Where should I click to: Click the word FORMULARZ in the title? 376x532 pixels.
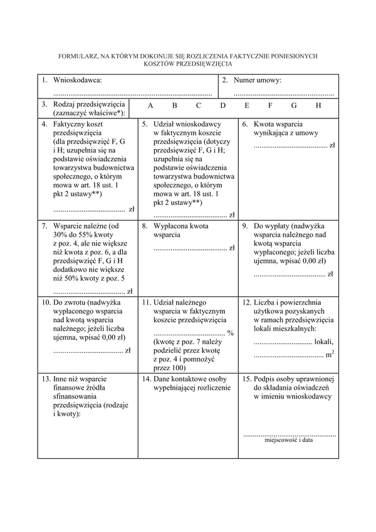coord(77,56)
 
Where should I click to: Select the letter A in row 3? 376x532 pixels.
coord(151,105)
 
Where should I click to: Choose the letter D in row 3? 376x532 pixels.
coord(222,105)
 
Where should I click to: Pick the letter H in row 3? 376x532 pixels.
coord(318,105)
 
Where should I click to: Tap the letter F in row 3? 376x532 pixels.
coord(271,105)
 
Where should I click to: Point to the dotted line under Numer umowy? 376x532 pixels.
coord(283,93)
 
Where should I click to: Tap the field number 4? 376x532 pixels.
coord(44,124)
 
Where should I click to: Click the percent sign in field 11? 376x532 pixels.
coord(231,333)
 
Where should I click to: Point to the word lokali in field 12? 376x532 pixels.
coord(323,342)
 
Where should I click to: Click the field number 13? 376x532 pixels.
coord(46,378)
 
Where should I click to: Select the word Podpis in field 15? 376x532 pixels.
coord(266,378)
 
